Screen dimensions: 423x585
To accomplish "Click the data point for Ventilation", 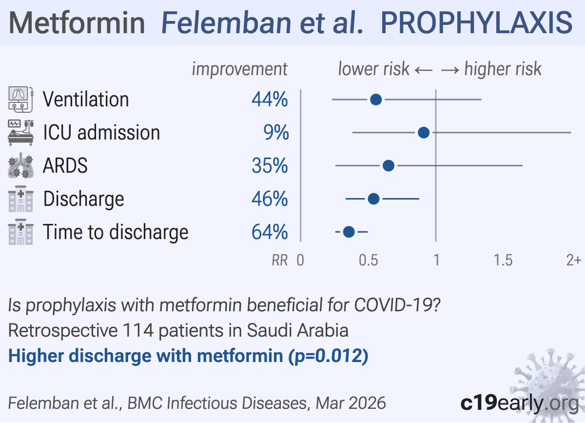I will (376, 100).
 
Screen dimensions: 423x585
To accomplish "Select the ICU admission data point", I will (424, 132).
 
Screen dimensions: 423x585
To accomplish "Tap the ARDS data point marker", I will (389, 166).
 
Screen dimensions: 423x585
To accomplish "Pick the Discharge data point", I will (374, 199).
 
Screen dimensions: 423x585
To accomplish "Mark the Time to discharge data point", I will (349, 232).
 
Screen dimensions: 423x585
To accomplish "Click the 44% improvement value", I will (270, 100).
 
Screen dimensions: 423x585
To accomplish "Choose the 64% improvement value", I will (270, 232).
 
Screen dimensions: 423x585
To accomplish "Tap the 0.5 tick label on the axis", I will (369, 261).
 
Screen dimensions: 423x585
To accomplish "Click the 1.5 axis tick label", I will (503, 261).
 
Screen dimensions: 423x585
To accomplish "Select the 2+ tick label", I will (573, 261).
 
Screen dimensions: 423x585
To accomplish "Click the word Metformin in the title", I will (77, 22).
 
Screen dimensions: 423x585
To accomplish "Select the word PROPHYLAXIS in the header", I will (476, 22).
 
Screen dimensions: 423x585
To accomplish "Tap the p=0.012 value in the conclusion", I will (330, 356).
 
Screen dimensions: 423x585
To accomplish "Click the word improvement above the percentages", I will (239, 69).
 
